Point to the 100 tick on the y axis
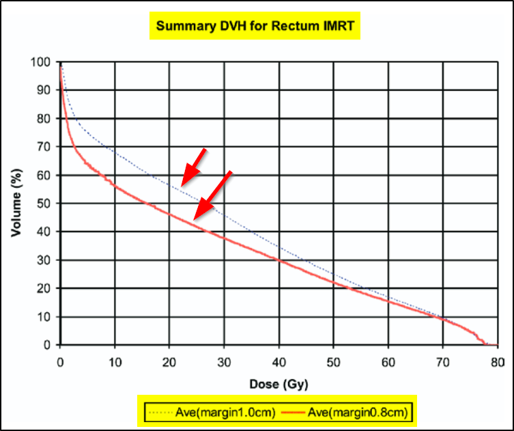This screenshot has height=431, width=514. tap(42, 62)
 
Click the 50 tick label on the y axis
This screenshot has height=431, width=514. tap(44, 204)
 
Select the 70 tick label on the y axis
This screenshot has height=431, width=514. tap(44, 147)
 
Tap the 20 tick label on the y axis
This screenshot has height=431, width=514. tap(44, 288)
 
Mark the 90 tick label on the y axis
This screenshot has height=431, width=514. tap(44, 90)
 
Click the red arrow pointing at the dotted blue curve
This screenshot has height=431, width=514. tap(193, 167)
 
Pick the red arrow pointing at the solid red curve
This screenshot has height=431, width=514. tap(212, 195)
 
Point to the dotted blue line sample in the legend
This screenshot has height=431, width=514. tap(160, 413)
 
